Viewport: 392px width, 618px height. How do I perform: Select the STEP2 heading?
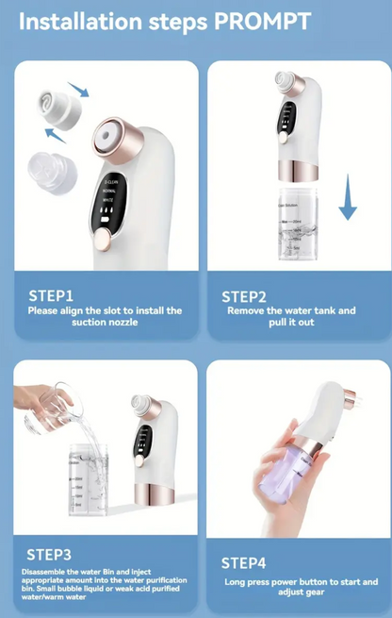[244, 295]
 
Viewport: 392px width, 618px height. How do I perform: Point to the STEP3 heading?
[50, 555]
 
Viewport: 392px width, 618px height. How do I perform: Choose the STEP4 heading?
[244, 563]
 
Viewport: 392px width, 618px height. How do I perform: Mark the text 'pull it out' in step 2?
[295, 323]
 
